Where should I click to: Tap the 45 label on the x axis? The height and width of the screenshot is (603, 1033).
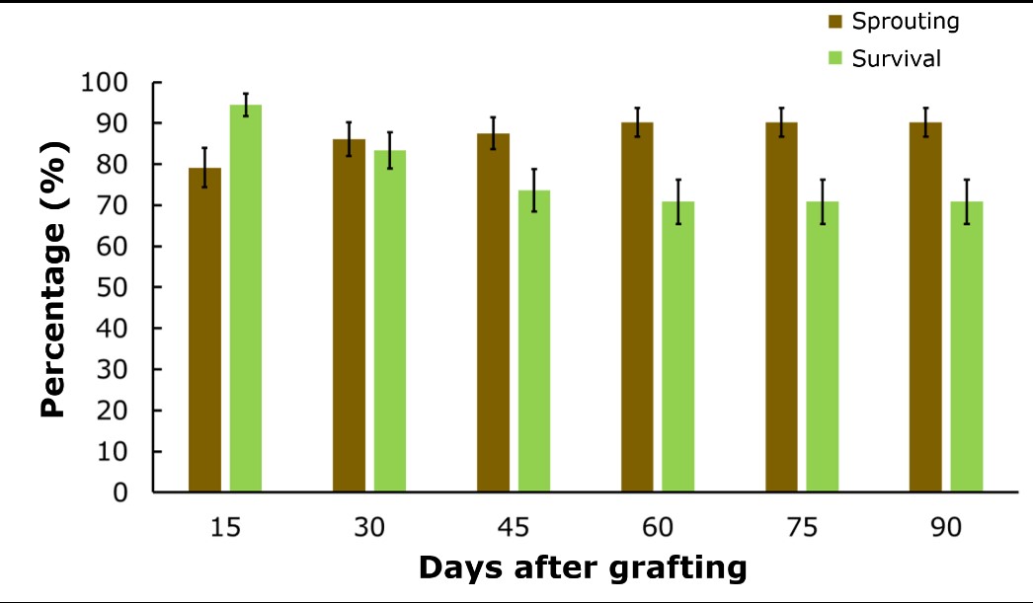tap(514, 528)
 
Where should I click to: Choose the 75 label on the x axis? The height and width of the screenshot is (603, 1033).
tap(802, 528)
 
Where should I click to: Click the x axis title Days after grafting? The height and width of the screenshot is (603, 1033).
tap(581, 568)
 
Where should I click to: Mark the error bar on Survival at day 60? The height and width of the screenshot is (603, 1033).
tap(678, 201)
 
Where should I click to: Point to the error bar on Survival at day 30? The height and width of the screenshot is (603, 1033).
tap(390, 150)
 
